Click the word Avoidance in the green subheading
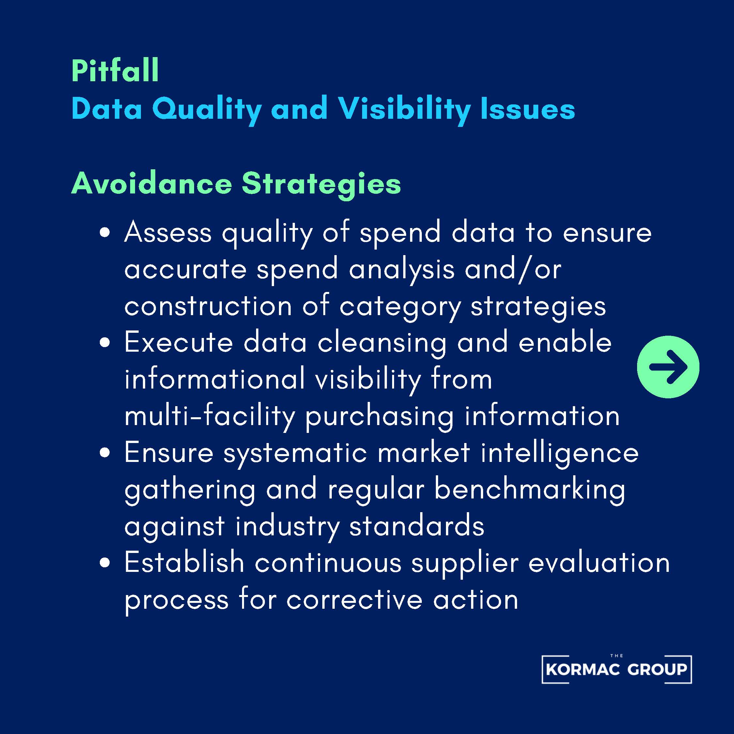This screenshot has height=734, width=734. pos(152,183)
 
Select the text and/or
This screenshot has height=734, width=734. pos(513,269)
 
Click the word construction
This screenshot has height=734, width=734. pos(208,306)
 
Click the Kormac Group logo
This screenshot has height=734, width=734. pos(617,669)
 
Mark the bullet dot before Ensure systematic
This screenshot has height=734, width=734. pos(104,453)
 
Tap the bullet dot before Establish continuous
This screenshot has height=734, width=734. pos(104,563)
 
